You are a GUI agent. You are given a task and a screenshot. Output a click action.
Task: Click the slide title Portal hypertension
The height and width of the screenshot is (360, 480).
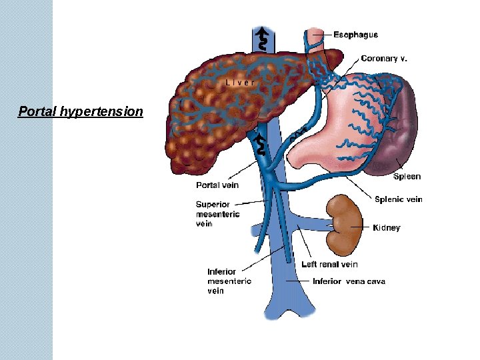click(x=80, y=111)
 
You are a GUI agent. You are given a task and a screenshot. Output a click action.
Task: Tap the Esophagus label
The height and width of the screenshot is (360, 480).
click(x=355, y=35)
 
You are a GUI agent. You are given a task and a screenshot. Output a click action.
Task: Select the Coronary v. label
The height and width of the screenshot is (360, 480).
click(x=384, y=59)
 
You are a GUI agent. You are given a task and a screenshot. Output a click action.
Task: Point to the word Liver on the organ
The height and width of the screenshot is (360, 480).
click(x=240, y=83)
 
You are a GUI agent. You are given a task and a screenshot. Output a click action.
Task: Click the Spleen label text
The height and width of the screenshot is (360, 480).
click(x=407, y=177)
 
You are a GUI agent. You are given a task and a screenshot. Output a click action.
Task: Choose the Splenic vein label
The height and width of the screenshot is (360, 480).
click(x=399, y=199)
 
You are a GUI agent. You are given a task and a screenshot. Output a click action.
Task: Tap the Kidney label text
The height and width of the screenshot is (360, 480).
click(x=387, y=228)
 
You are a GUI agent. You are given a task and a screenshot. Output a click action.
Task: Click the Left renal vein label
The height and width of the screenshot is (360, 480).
click(x=329, y=264)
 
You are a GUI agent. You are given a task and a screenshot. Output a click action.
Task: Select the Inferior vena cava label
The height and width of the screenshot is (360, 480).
click(x=349, y=281)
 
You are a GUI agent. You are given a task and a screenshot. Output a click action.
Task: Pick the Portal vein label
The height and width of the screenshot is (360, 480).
click(x=217, y=185)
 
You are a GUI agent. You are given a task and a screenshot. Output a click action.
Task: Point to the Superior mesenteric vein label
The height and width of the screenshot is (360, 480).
click(x=217, y=214)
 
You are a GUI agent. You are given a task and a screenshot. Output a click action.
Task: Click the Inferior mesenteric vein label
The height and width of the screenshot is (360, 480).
click(x=229, y=281)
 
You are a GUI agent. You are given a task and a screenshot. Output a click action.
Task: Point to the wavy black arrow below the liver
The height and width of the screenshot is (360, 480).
click(x=261, y=143)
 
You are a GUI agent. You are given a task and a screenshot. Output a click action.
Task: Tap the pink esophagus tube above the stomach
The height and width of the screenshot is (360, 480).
click(x=315, y=45)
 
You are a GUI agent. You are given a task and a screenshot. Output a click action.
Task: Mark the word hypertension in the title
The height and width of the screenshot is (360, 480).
click(x=101, y=111)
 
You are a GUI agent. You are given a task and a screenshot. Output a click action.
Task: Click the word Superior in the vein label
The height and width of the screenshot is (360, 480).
click(x=213, y=204)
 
